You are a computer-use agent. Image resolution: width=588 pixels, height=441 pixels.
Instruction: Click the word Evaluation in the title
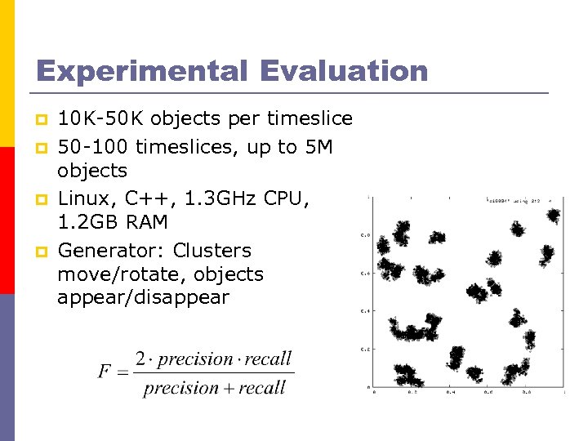[344, 71]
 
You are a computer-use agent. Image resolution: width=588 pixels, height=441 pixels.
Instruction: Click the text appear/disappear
[144, 298]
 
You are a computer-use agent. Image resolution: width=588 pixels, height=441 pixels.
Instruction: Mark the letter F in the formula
[105, 372]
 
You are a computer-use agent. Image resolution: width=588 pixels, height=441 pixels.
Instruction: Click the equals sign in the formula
[123, 373]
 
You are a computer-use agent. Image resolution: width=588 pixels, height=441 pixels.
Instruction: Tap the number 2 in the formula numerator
[141, 359]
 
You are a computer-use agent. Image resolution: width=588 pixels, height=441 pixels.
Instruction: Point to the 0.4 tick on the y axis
[364, 311]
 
